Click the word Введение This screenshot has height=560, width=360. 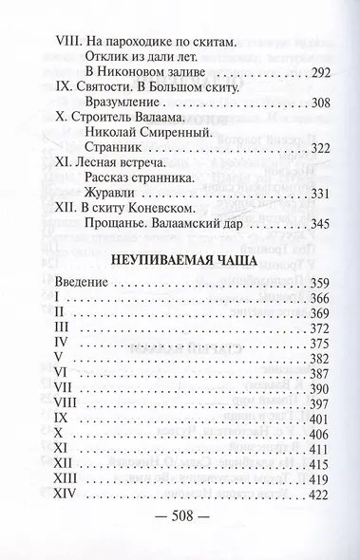(81, 289)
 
